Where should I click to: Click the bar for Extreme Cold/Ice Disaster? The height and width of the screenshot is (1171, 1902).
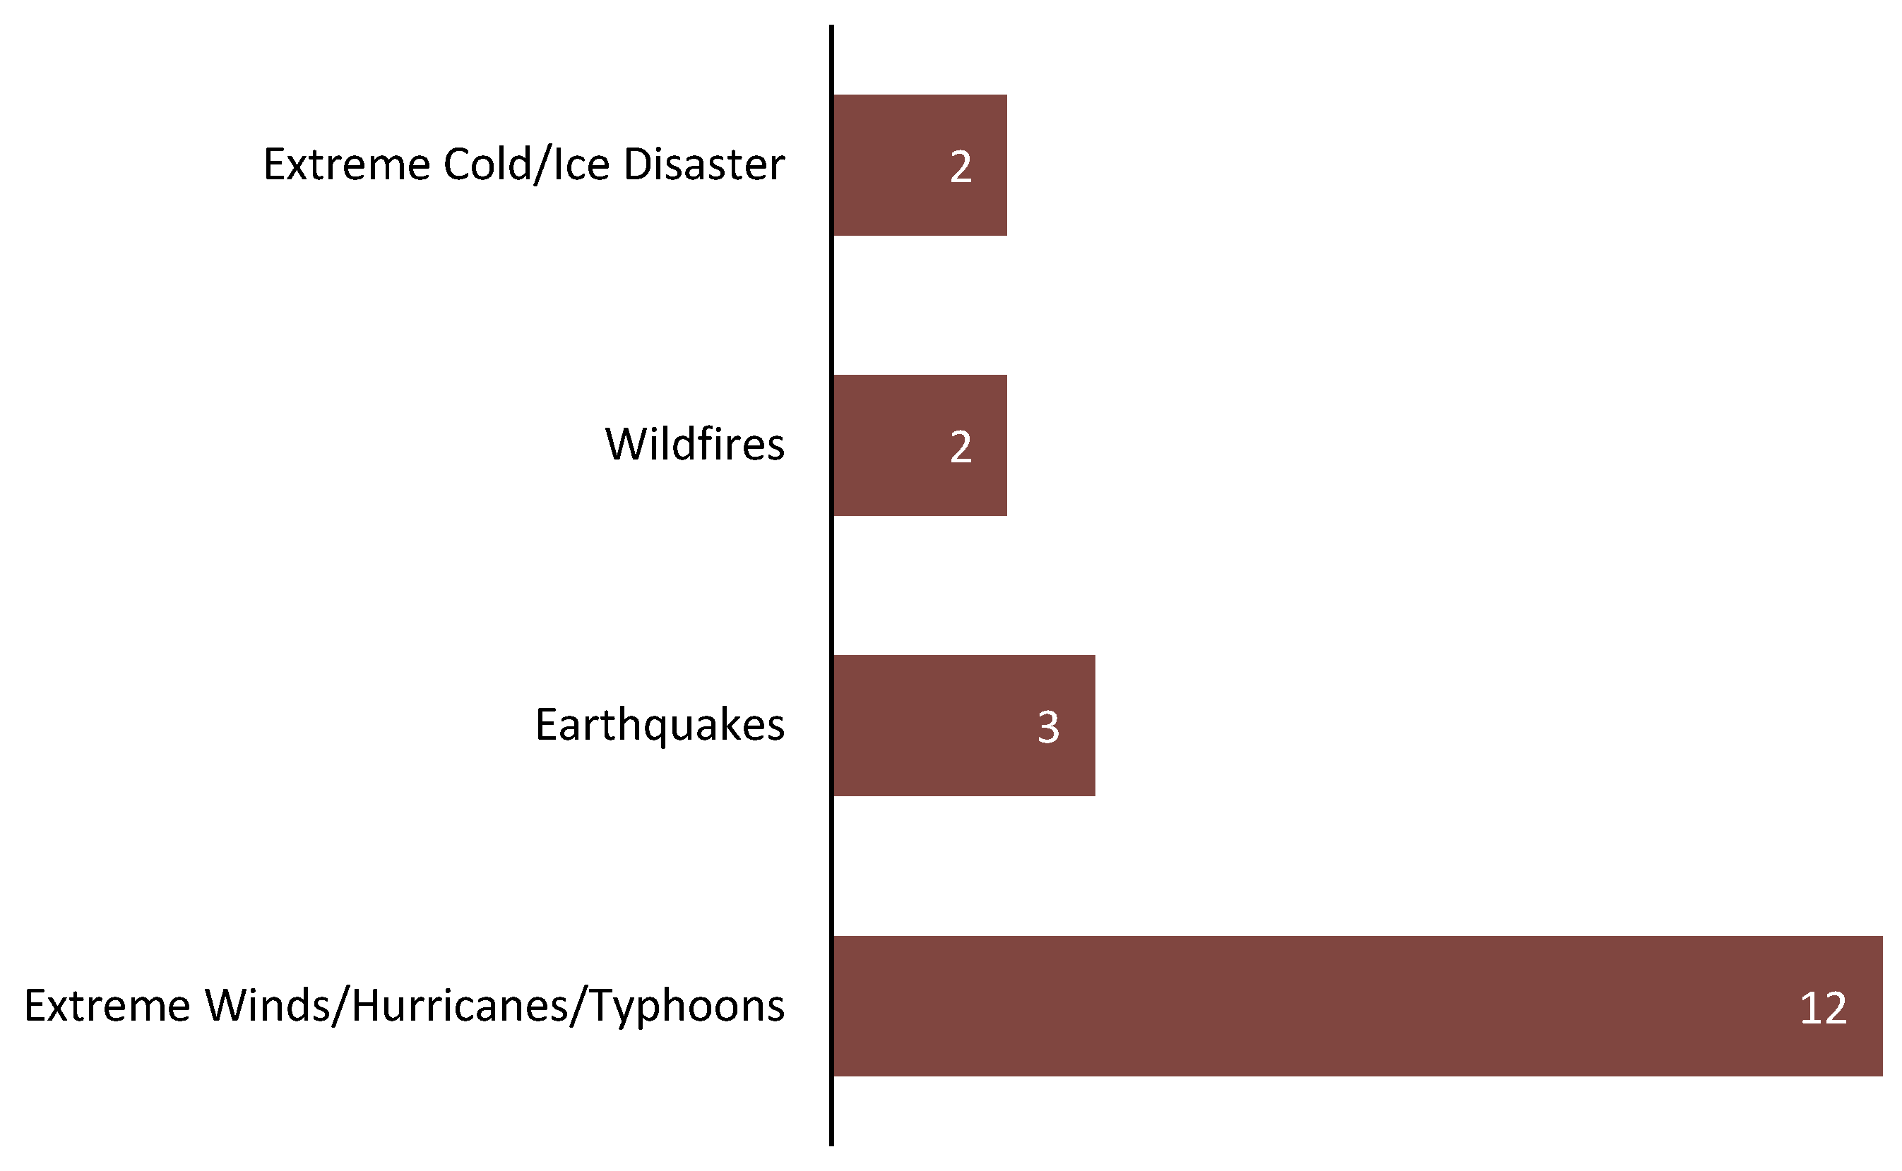point(920,165)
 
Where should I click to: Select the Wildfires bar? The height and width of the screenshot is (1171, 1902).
point(920,445)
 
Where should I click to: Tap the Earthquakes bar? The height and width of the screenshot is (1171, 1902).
point(965,726)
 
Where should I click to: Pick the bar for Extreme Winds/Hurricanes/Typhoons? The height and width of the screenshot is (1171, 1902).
point(1358,1006)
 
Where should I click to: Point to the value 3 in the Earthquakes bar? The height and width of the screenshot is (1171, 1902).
point(1048,727)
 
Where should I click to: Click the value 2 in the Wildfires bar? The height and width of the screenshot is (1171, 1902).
point(961,447)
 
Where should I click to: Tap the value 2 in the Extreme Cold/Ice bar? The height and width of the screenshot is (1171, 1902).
point(961,167)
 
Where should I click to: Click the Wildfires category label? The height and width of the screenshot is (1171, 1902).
point(695,445)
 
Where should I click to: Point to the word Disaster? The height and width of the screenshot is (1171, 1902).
point(704,164)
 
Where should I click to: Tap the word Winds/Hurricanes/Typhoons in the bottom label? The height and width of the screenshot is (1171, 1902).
point(494,1005)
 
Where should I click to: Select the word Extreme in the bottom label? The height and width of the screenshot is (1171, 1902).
point(107,1005)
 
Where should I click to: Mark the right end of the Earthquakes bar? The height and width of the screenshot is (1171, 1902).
point(1095,726)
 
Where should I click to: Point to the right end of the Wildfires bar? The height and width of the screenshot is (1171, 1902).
point(1007,445)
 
